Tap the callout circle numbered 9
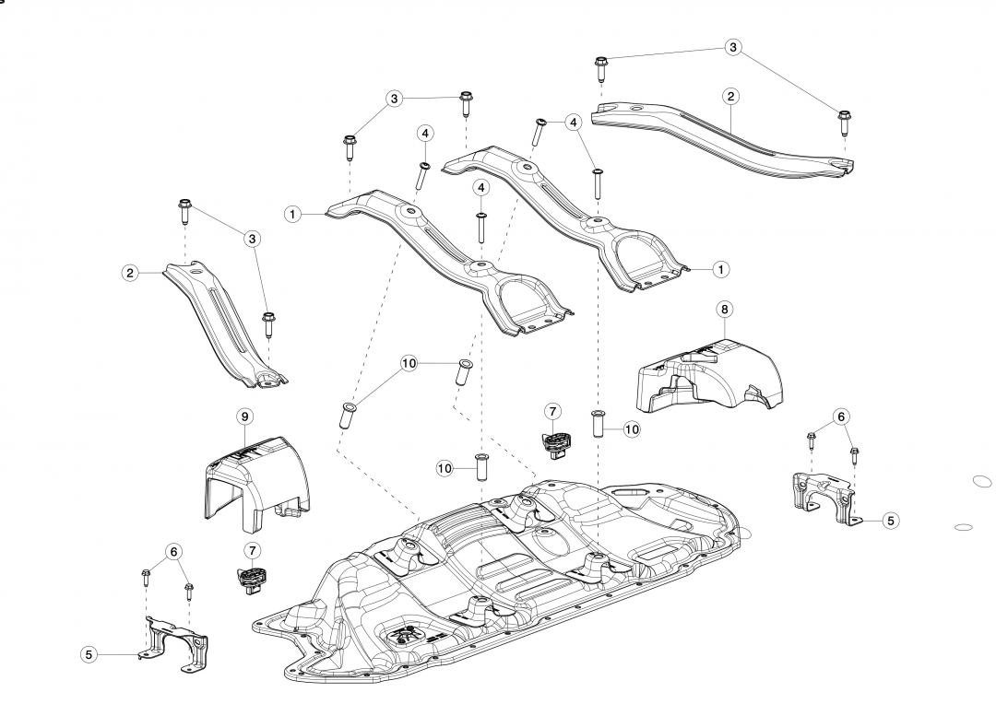244,417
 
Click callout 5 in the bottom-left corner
89,654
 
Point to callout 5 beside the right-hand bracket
890,521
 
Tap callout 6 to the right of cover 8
840,417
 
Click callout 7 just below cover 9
252,550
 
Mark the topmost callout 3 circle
733,47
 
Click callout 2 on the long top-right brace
730,96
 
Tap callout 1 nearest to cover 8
721,269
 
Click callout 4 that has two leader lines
573,122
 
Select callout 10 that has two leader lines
409,364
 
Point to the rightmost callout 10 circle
631,428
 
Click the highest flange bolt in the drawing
601,65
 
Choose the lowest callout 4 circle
480,187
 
